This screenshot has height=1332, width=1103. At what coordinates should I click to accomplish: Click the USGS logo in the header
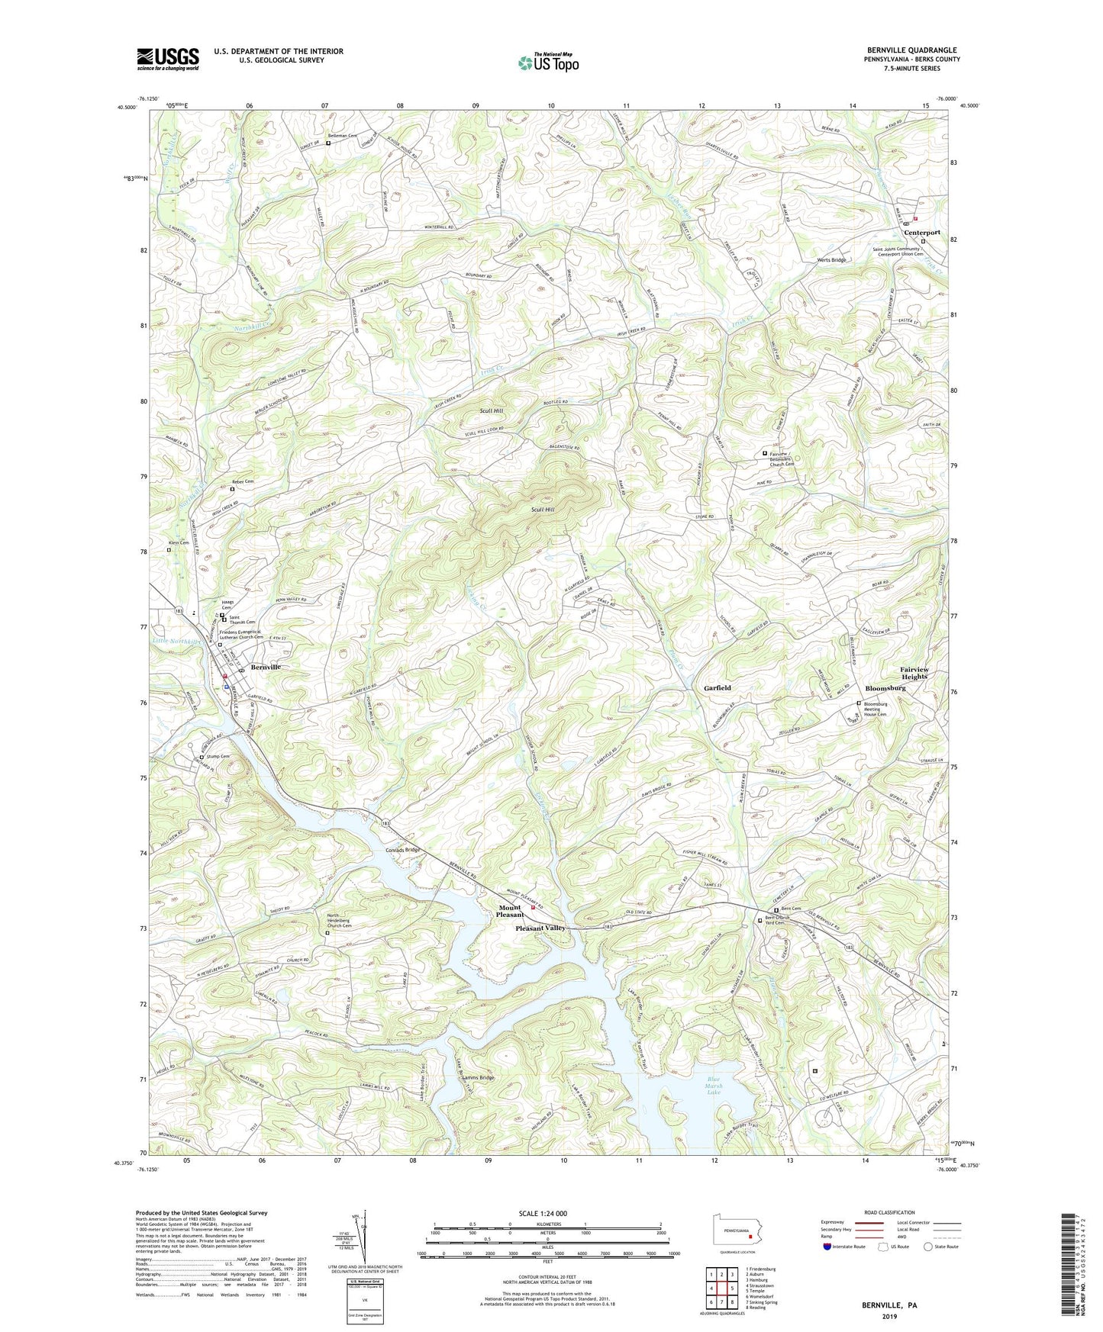coord(167,59)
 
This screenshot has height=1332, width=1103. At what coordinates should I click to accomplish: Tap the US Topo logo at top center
coord(548,63)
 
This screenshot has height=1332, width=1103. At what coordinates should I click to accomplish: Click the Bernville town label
coord(266,667)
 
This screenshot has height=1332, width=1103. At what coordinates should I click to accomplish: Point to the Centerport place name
coord(921,232)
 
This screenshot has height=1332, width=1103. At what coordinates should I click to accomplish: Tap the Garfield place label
coord(717,687)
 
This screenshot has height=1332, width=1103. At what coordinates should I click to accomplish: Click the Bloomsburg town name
coord(885,687)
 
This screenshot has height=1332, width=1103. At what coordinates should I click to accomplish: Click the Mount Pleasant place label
coord(509,911)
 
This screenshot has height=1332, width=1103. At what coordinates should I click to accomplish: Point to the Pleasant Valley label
coord(540,928)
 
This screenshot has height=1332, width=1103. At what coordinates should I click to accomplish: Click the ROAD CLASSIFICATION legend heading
coord(889,1212)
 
